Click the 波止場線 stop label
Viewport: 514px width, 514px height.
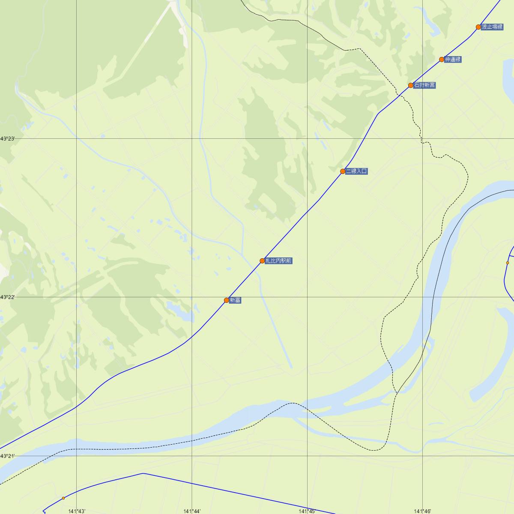[x=492, y=27]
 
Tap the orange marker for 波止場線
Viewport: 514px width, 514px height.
[x=478, y=27]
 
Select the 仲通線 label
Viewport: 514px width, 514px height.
[x=453, y=60]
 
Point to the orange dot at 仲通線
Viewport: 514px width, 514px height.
[x=442, y=60]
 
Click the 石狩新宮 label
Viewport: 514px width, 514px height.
[x=424, y=85]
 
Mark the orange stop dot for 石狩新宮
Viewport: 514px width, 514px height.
[x=411, y=85]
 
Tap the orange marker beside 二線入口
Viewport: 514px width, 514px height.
[x=343, y=171]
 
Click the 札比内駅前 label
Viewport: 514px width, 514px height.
[x=278, y=261]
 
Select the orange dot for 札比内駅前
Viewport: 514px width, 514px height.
[x=262, y=261]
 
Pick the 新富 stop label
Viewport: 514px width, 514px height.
[x=235, y=300]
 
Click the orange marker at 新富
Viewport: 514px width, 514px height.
[x=227, y=300]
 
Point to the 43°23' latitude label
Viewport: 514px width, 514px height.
[x=8, y=139]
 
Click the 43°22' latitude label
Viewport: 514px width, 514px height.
[x=8, y=297]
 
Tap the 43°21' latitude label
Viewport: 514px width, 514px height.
[x=8, y=456]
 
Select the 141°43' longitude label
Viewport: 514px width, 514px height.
[x=77, y=511]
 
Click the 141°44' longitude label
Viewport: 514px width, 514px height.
[x=192, y=511]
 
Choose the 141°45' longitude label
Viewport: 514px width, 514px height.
[x=307, y=511]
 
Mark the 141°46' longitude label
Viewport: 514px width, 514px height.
[x=422, y=511]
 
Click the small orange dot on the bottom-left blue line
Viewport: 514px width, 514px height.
[x=63, y=498]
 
